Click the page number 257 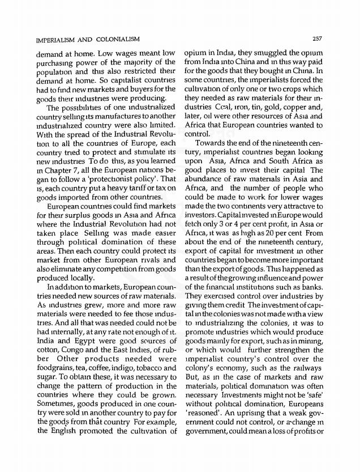316,38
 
